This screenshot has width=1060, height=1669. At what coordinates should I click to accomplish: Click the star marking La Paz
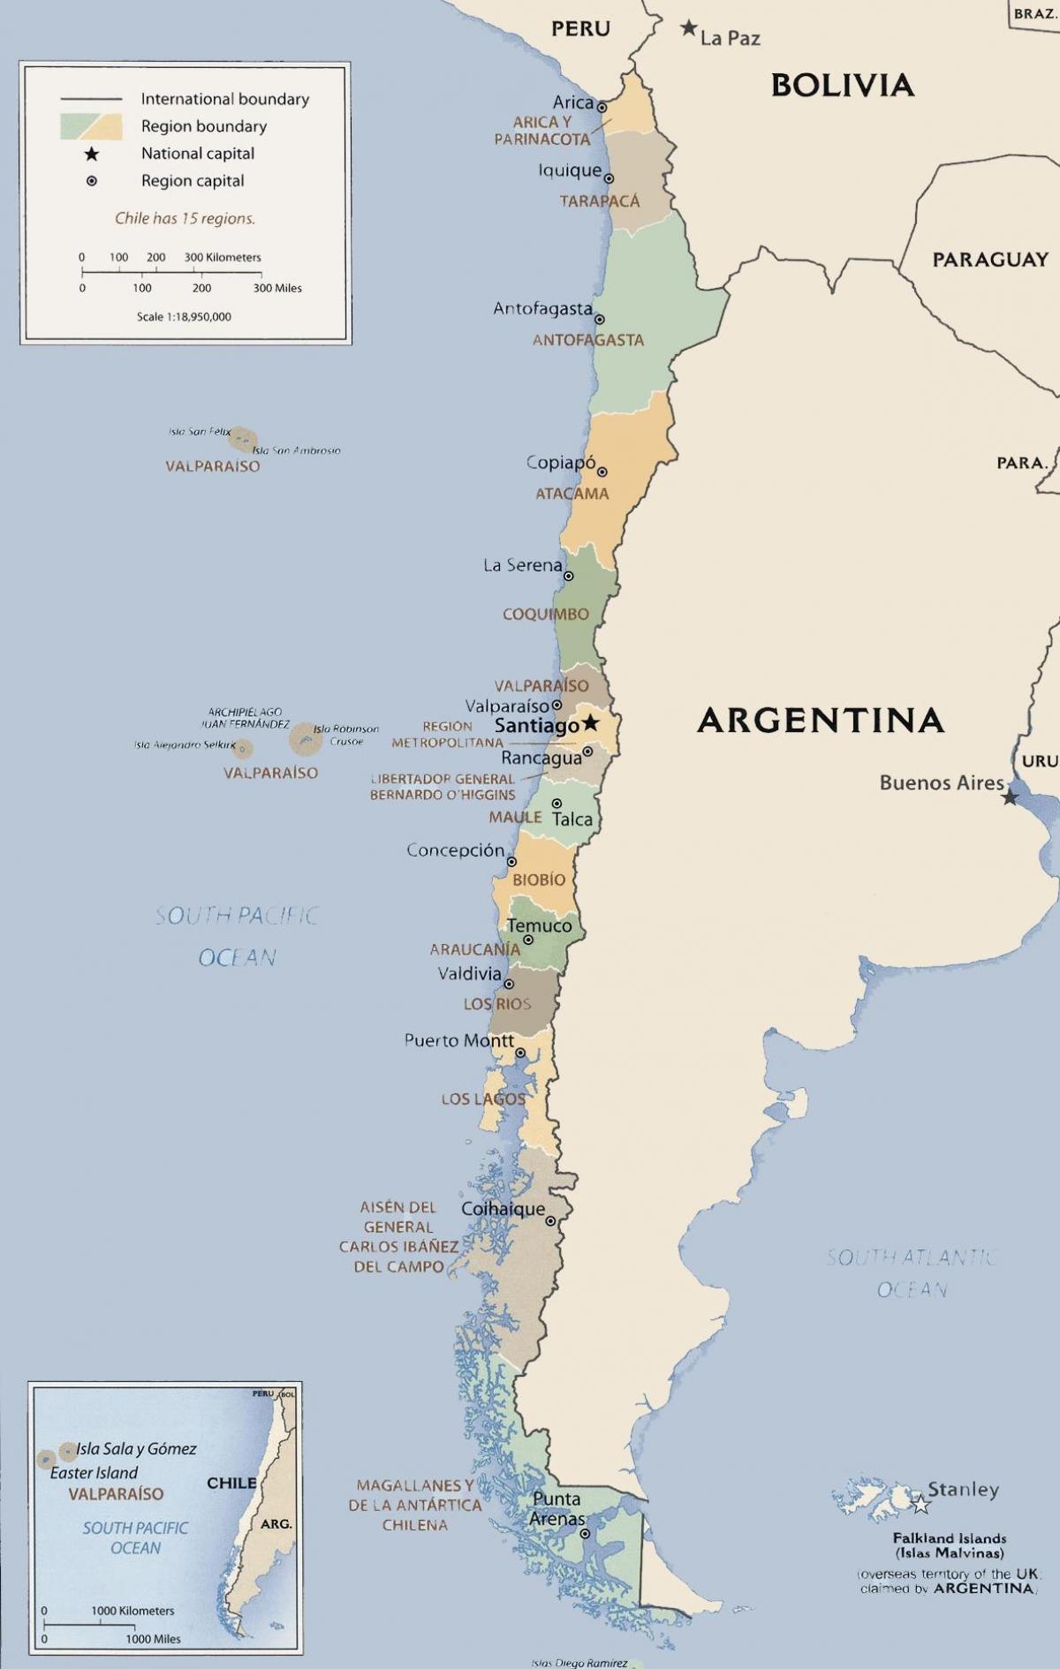point(688,28)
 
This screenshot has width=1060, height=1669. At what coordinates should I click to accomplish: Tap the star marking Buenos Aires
point(1010,797)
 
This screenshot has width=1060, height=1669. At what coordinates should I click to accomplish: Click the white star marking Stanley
point(920,1503)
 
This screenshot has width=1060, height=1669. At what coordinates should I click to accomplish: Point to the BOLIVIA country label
point(842,85)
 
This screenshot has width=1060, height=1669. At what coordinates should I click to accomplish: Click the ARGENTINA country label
point(821,721)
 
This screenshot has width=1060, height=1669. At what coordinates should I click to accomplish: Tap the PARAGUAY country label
point(990,260)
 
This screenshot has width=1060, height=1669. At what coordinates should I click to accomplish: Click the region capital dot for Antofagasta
point(599,320)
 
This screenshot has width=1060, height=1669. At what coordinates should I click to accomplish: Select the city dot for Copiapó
point(602,472)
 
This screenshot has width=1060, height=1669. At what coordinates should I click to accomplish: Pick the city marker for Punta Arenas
point(585,1534)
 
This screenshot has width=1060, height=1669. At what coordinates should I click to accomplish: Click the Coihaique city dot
point(550,1221)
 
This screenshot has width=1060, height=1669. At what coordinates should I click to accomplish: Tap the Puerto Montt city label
point(458,1040)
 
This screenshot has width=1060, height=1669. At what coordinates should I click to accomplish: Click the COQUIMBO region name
point(545,614)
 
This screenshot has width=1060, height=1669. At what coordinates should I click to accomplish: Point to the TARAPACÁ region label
point(600,201)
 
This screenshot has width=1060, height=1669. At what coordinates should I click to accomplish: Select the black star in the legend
point(91,154)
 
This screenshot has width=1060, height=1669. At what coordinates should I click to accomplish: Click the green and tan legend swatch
point(91,126)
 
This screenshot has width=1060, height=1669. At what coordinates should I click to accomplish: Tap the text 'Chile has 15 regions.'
point(185,218)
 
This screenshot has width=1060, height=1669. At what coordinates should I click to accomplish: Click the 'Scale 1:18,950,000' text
point(184,316)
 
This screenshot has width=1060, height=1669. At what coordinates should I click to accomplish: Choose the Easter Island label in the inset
point(94,1473)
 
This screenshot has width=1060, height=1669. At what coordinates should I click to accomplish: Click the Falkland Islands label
point(949,1537)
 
